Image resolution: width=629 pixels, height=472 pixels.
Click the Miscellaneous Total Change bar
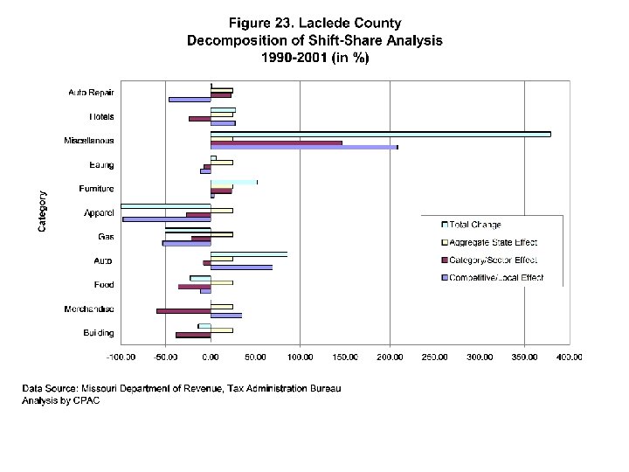click(x=380, y=134)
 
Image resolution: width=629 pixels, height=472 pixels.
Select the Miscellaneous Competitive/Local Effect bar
click(x=304, y=147)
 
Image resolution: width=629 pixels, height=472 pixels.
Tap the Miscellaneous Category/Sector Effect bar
click(x=276, y=142)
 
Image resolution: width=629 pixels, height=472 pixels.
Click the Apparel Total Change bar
click(x=166, y=205)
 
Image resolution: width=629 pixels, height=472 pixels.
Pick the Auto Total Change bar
click(x=248, y=254)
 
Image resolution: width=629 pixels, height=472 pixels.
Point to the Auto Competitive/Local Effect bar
click(x=241, y=267)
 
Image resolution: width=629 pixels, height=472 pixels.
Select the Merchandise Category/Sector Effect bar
click(x=183, y=310)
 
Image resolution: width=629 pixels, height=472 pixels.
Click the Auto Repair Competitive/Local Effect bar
click(x=190, y=99)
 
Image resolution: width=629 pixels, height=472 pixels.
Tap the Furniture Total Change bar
click(x=234, y=182)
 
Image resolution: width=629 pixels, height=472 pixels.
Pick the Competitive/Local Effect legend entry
click(x=494, y=277)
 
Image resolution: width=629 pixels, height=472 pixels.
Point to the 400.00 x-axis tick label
click(x=570, y=357)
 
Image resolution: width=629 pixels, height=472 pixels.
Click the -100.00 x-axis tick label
click(x=121, y=357)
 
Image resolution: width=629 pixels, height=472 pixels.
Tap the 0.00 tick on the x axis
click(x=211, y=357)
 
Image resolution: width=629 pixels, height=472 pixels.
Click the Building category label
click(x=98, y=333)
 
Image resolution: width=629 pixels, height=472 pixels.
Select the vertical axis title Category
click(x=42, y=212)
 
